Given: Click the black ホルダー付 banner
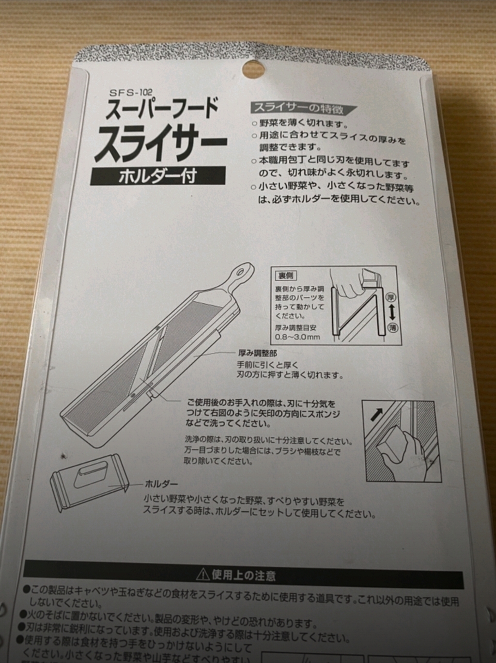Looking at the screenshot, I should point(158,175).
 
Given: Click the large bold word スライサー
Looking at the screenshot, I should point(160,143).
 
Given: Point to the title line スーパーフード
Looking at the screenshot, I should point(162,109).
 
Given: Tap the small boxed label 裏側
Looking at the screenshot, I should point(286,275).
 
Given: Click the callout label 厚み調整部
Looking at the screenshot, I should point(257,354).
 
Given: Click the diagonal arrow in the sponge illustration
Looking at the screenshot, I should point(376,414).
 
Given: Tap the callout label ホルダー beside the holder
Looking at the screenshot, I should point(161,484).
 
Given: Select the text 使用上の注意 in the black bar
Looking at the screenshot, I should point(243,576).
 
